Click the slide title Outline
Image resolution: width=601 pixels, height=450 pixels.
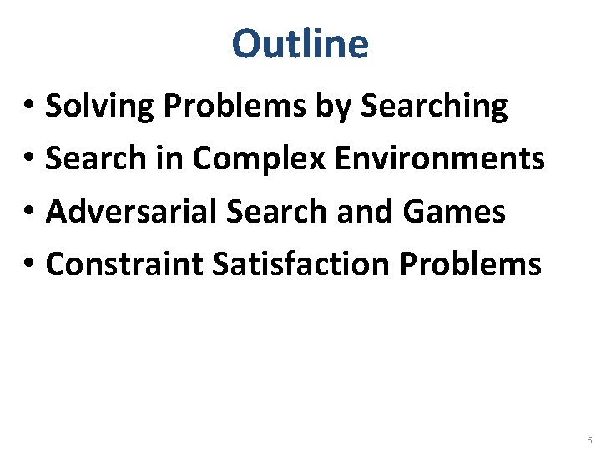pyautogui.click(x=300, y=44)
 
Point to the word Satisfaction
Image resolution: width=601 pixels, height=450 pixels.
pyautogui.click(x=300, y=264)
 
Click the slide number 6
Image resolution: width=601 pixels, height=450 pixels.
pyautogui.click(x=589, y=439)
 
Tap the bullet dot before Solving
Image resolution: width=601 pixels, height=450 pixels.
pyautogui.click(x=28, y=107)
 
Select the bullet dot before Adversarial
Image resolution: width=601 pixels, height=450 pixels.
pyautogui.click(x=28, y=213)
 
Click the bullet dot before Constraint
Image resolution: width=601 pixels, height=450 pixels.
pyautogui.click(x=28, y=266)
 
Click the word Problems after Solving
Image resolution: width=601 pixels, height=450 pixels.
pyautogui.click(x=222, y=106)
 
